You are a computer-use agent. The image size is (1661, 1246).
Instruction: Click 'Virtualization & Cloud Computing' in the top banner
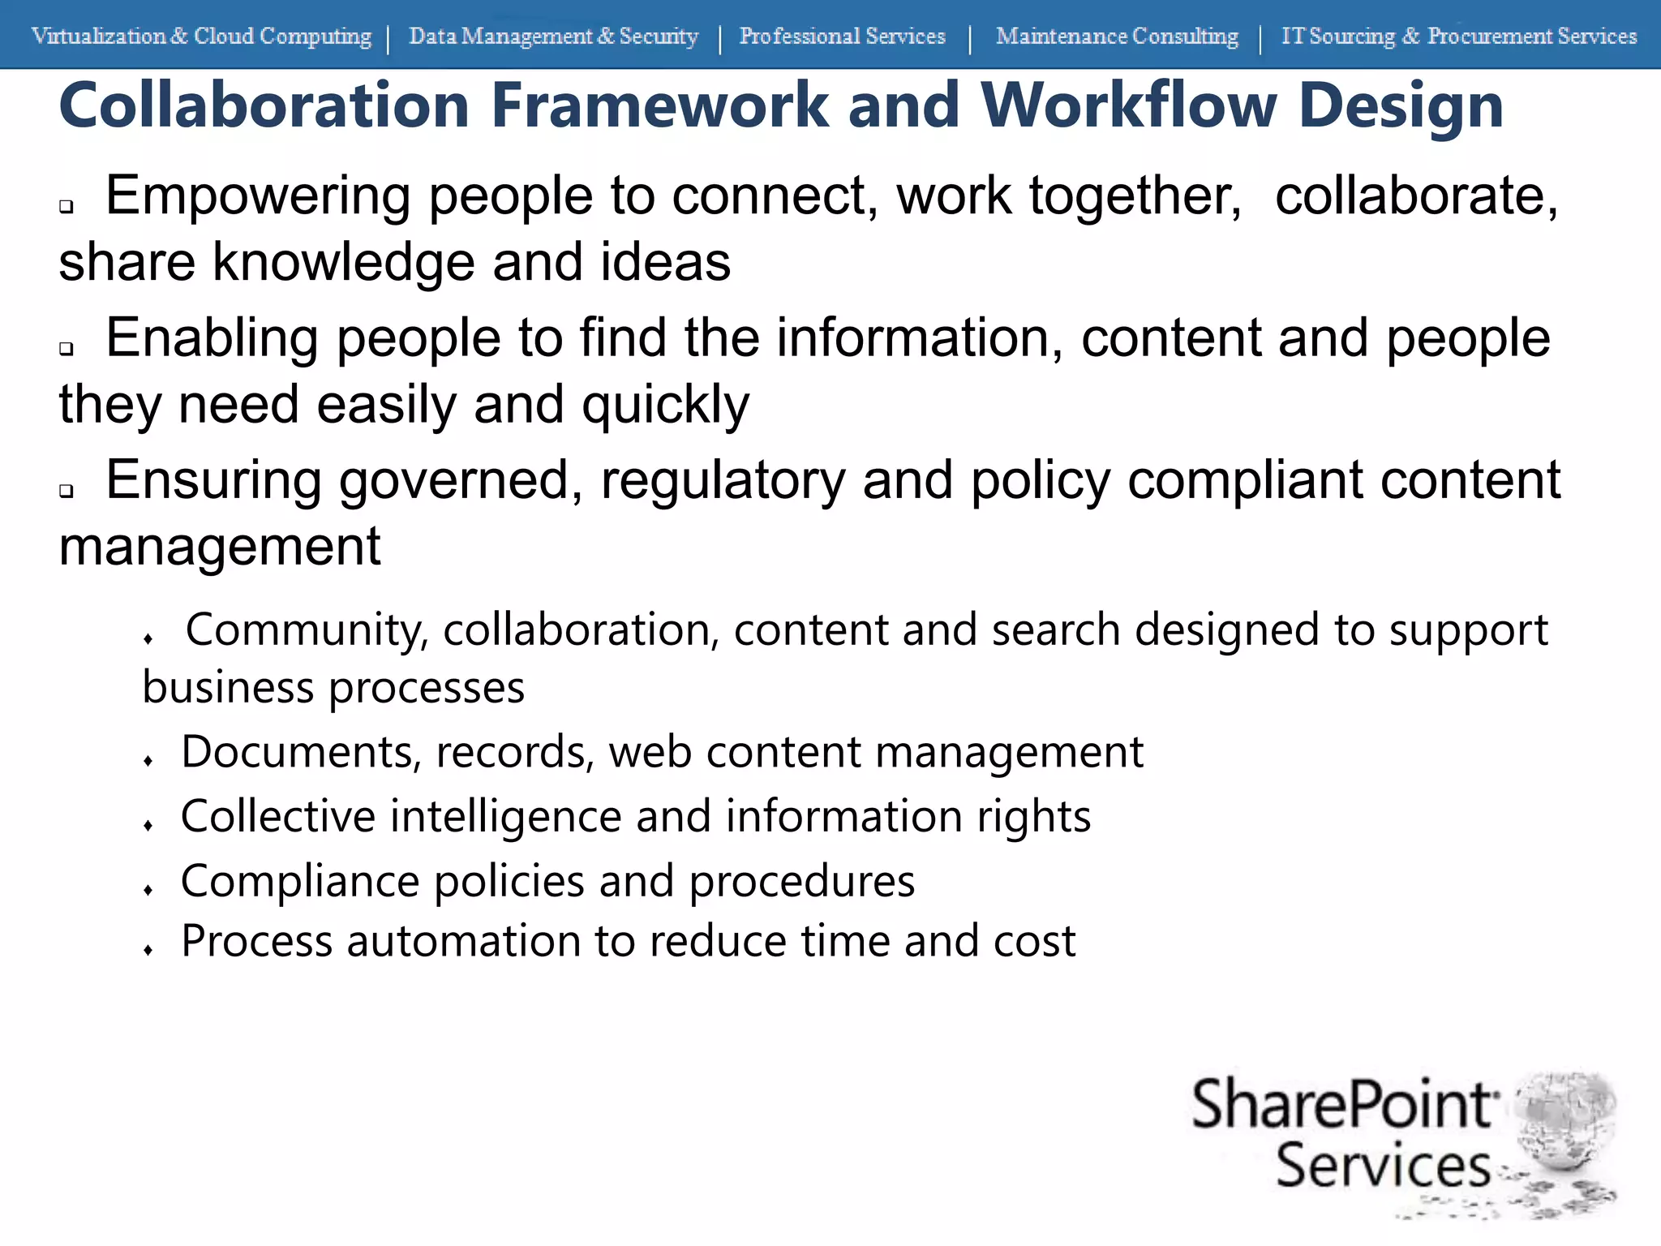[x=201, y=37]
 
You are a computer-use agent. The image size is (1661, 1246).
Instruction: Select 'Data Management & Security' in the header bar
[x=553, y=37]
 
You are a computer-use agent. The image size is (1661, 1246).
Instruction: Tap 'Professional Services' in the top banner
[x=842, y=37]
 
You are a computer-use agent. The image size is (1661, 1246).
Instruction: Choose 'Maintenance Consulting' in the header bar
[x=1117, y=37]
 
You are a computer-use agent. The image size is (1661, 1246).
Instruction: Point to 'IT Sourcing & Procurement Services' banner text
[x=1458, y=37]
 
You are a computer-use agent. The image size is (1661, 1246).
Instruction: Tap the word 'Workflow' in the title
[x=1128, y=105]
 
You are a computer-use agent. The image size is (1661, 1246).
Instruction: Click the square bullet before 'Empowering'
[x=67, y=207]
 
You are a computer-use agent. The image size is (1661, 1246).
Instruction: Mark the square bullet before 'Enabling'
[x=67, y=349]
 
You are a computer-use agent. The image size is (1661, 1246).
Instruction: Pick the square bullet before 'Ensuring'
[x=67, y=491]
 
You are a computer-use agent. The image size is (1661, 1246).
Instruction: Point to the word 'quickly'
[x=665, y=406]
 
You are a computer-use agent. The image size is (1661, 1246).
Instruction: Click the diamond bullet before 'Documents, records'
[x=148, y=761]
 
